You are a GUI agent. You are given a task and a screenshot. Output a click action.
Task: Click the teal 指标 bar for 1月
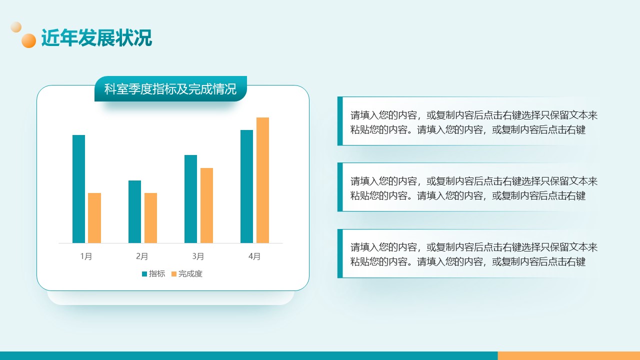[x=78, y=189]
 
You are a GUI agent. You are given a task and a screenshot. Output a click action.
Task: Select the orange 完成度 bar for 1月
[x=94, y=218]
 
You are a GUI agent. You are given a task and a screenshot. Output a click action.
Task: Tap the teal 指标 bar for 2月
[x=134, y=211]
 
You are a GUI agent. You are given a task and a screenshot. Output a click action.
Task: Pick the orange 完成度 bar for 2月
[x=150, y=218]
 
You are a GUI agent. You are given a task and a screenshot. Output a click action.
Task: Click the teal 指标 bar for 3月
[x=190, y=199]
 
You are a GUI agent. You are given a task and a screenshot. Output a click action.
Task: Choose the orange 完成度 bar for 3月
[x=206, y=205]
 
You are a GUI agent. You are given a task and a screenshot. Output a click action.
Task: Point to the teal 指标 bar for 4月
[x=246, y=186]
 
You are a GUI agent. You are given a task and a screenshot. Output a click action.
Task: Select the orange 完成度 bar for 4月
[x=262, y=180]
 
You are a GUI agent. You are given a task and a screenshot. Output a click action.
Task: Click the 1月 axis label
[x=86, y=256]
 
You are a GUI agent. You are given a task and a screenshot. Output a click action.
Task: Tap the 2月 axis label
[x=142, y=256]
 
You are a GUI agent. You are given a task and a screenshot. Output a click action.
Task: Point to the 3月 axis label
[x=198, y=256]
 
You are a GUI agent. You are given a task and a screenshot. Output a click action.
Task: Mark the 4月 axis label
[x=254, y=256]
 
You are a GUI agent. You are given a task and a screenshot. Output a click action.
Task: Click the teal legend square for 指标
[x=144, y=274]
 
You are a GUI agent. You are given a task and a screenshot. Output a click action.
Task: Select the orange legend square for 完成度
[x=173, y=274]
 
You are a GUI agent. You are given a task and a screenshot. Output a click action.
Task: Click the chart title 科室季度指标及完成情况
[x=170, y=89]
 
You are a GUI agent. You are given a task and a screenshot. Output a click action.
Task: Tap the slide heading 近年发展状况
[x=96, y=37]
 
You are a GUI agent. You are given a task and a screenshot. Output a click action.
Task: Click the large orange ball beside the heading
[x=29, y=40]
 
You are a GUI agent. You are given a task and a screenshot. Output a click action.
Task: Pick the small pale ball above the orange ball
[x=16, y=27]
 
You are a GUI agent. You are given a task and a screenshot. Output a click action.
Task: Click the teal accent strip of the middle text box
[x=340, y=187]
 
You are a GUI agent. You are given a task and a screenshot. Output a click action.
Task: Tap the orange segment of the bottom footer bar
[x=569, y=355]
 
